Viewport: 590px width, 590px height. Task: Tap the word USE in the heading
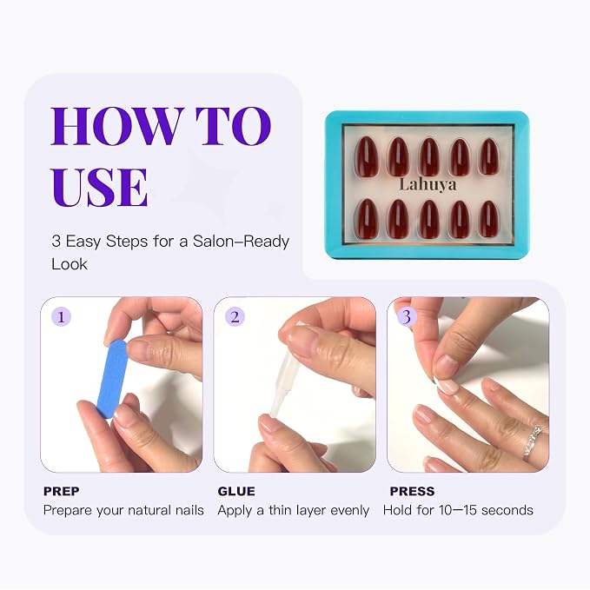tap(99, 187)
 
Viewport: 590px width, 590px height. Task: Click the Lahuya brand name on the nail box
tap(428, 185)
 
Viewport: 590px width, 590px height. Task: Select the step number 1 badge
tap(62, 317)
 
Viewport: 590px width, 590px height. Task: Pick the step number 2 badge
tap(235, 317)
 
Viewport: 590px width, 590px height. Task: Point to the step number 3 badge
tap(407, 317)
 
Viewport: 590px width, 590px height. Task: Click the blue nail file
tap(112, 379)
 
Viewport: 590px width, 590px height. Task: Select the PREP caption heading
tap(62, 491)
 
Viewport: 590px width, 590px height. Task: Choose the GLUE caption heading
tap(236, 491)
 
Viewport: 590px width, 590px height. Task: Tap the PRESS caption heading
tap(412, 491)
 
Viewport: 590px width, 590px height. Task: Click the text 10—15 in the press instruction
tap(458, 510)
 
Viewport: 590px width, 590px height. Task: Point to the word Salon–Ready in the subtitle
tap(242, 242)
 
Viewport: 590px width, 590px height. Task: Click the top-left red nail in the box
tap(367, 156)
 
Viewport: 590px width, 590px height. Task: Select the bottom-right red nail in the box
tap(489, 219)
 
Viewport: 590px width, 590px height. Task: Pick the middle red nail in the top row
tap(428, 157)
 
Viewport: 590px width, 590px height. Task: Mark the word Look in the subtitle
tap(70, 264)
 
